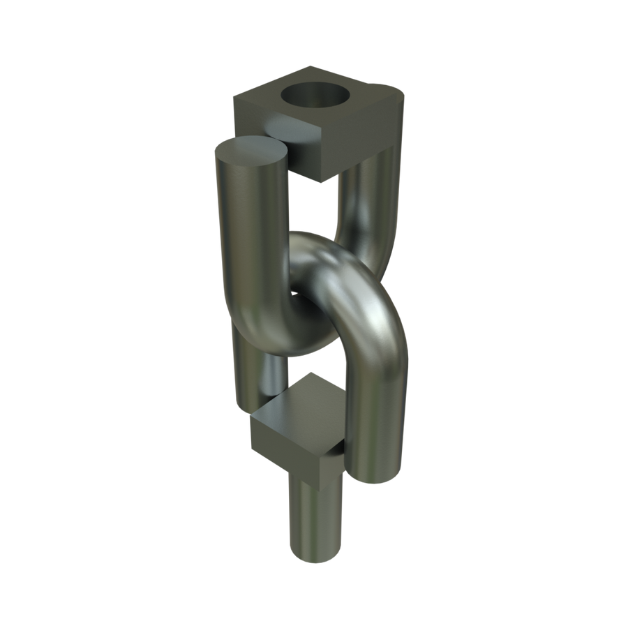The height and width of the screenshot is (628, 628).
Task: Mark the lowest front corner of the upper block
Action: [322, 181]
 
